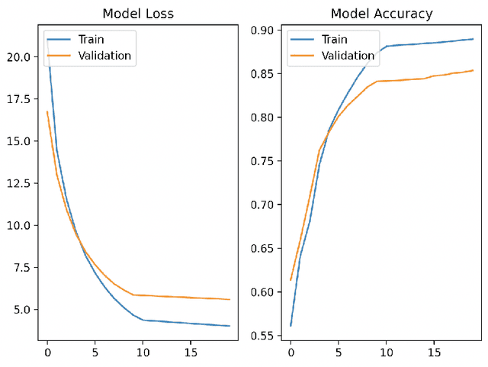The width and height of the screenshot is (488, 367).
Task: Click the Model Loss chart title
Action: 138,14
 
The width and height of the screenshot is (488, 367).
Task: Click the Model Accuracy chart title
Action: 381,14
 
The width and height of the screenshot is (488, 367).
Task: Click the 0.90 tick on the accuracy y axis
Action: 262,31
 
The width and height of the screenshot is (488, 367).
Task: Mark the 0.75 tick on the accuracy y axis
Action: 262,161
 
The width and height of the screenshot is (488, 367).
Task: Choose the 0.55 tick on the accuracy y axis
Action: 262,336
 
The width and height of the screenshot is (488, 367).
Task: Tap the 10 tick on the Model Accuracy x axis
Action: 387,353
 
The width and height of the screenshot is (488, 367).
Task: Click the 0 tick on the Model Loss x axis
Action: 47,353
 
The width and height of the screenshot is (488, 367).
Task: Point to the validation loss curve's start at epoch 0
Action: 47,112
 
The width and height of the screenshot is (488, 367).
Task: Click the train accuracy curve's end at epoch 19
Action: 474,39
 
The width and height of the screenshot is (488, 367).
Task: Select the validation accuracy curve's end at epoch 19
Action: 474,70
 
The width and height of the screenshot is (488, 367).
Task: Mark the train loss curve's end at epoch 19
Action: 230,326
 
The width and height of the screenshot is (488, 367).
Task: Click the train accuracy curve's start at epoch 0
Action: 291,326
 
